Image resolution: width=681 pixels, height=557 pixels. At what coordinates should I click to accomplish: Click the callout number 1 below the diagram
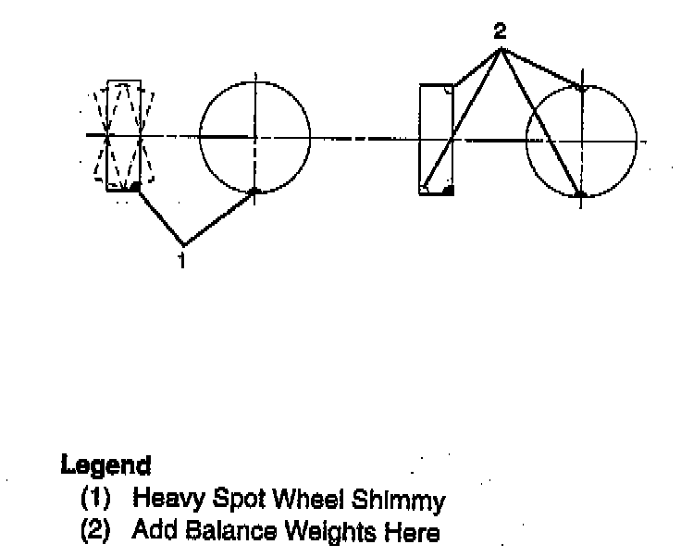coord(182,260)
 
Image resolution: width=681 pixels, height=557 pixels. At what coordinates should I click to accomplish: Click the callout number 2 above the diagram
coord(500,31)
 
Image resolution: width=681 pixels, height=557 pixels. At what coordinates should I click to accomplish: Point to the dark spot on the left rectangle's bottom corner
coord(135,187)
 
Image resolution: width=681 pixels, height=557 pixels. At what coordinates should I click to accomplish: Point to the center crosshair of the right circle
coord(581,141)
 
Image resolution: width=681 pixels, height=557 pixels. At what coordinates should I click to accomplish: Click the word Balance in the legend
coord(221,532)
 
